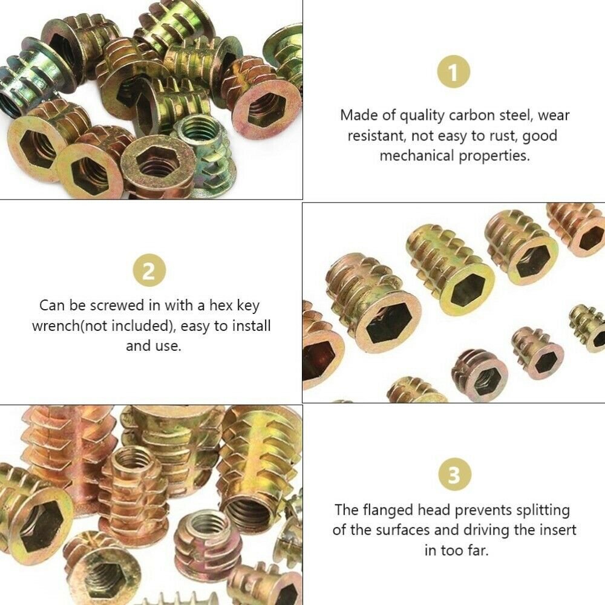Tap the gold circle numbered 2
151,271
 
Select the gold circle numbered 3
454,476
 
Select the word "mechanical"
416,155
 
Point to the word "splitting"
540,511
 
